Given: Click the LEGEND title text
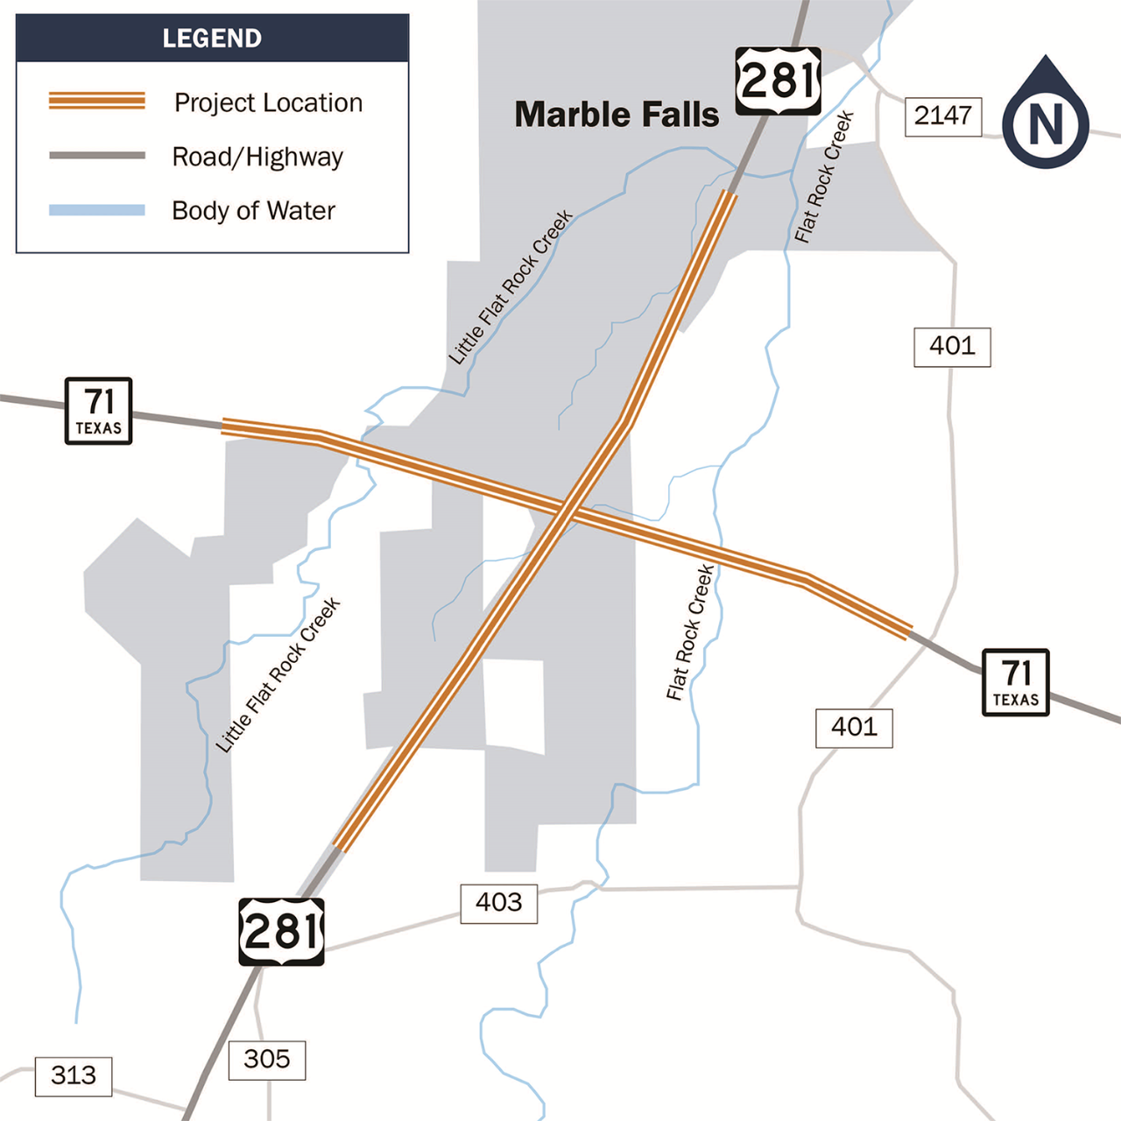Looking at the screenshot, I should click(212, 39).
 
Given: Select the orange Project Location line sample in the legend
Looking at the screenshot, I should click(97, 101).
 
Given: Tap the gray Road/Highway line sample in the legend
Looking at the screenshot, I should click(97, 156).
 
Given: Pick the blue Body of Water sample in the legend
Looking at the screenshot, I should click(97, 210).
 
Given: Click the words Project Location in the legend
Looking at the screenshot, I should click(268, 102).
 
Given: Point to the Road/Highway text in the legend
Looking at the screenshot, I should click(257, 157).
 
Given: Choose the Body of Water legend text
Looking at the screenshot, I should click(253, 211).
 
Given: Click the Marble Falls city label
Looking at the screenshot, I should click(617, 115).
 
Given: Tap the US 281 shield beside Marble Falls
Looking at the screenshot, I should click(778, 81).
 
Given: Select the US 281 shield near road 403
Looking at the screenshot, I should click(281, 932).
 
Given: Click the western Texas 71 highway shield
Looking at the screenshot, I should click(99, 411).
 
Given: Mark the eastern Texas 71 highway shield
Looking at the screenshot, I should click(1016, 682).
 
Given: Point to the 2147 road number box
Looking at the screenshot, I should click(942, 116).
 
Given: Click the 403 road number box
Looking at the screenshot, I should click(498, 903).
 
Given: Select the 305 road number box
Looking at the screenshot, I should click(266, 1060).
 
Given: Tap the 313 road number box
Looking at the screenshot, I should click(74, 1075).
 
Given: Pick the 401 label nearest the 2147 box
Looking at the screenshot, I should click(952, 347).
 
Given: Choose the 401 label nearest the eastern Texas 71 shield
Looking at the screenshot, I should click(854, 728).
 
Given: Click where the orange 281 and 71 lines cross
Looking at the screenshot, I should click(565, 510).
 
